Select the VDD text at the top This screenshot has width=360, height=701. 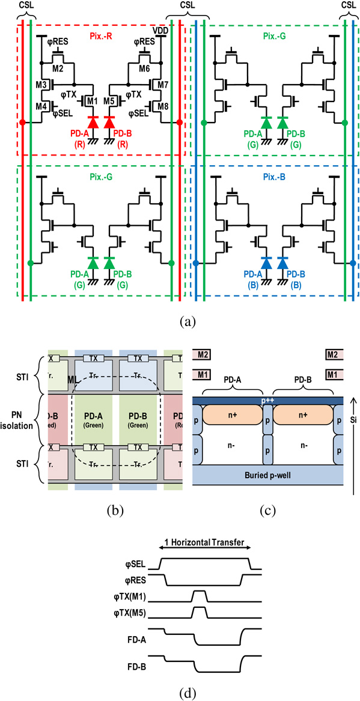click(x=160, y=29)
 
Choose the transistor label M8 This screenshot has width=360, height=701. click(x=163, y=107)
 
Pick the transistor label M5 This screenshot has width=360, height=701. click(x=109, y=100)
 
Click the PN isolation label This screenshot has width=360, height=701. click(x=22, y=420)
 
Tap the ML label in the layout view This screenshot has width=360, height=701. click(x=72, y=380)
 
